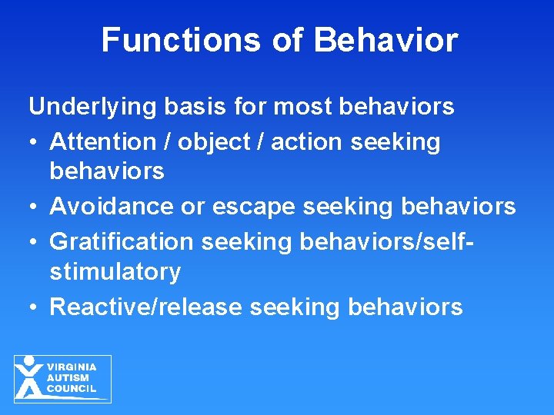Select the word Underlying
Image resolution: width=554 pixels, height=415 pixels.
click(93, 107)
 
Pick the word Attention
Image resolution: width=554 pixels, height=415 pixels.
click(102, 141)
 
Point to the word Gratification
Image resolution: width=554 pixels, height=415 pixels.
click(122, 241)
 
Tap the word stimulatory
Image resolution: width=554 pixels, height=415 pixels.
click(115, 272)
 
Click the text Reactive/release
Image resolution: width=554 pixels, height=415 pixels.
click(146, 307)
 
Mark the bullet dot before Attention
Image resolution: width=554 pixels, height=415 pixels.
click(34, 142)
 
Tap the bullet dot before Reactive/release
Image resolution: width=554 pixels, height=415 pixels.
click(34, 307)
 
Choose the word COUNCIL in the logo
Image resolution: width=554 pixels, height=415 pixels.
click(72, 389)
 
